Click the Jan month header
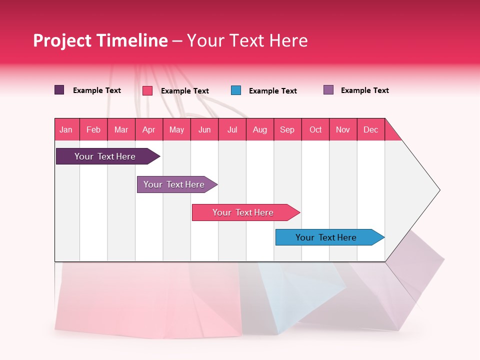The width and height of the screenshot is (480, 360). [x=66, y=129]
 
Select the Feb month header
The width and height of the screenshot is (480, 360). [x=93, y=129]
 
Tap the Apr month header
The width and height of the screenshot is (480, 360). [x=148, y=129]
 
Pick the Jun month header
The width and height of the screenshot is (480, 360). [x=204, y=129]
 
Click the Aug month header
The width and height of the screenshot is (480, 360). [x=259, y=129]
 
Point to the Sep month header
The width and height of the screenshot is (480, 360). [x=287, y=129]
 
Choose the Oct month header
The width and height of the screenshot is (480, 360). [x=315, y=129]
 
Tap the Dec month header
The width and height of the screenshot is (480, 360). [x=370, y=129]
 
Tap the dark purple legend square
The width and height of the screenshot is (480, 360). [x=59, y=90]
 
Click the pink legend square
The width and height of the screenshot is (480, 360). [x=147, y=90]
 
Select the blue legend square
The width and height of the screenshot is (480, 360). [x=236, y=90]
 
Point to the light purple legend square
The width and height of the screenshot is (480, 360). [x=328, y=90]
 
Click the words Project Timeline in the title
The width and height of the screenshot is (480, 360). [x=100, y=40]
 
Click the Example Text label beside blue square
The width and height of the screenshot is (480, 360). [x=273, y=91]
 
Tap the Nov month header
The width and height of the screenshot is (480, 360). [x=343, y=129]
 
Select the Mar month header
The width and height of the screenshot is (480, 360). [x=121, y=129]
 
